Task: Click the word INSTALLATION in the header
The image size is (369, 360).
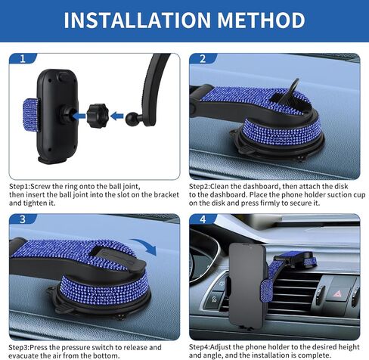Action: tap(138, 20)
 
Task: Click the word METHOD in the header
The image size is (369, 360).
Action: tap(261, 20)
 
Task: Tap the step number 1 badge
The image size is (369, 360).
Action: tap(23, 59)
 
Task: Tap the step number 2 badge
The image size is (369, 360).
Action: tap(203, 59)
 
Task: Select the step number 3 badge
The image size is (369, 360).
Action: tap(23, 219)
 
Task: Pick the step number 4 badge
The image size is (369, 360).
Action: tap(203, 219)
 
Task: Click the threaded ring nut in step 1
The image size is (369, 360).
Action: tap(98, 116)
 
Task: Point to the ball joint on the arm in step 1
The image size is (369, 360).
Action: tap(132, 117)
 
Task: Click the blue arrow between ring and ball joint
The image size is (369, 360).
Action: tap(117, 116)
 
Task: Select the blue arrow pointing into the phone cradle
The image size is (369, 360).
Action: tap(79, 116)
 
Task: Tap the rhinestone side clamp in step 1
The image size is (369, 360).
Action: tap(31, 115)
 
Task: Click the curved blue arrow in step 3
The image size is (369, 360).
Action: tap(144, 246)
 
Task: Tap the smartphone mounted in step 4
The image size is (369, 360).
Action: tap(247, 285)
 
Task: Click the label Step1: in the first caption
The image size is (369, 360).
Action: tap(20, 187)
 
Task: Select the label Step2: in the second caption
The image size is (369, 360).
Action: tap(200, 187)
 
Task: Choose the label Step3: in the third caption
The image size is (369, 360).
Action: tap(20, 347)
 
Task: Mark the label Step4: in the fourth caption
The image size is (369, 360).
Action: tap(200, 347)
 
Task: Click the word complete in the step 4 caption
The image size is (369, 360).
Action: tap(315, 355)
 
